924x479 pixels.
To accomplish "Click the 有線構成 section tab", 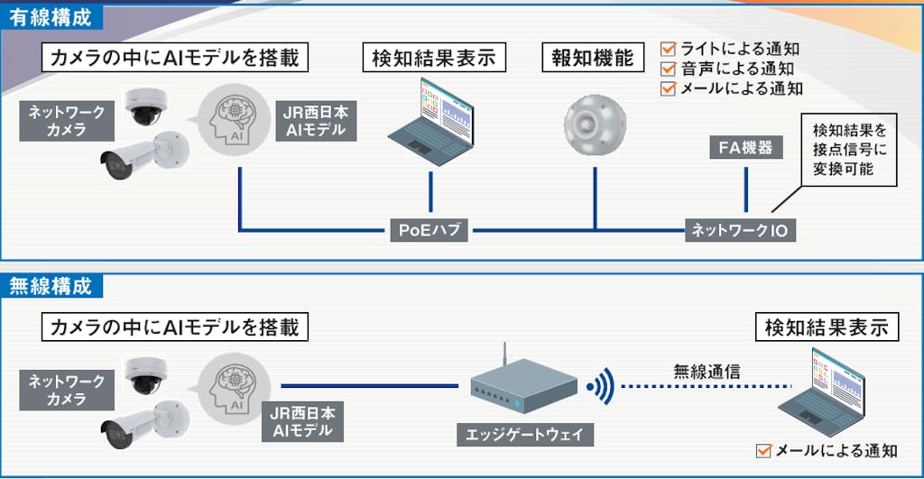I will (x=52, y=15).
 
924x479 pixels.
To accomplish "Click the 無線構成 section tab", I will (x=52, y=286).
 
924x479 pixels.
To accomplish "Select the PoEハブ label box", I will (x=430, y=230).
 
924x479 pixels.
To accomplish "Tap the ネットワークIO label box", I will (x=740, y=230).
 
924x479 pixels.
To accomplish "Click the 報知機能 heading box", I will (x=593, y=59).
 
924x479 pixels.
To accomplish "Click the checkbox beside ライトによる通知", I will (x=669, y=49).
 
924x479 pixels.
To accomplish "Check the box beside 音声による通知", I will (x=669, y=69).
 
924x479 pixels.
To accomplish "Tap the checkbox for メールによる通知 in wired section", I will (x=669, y=88).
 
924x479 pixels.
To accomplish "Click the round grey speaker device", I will (x=595, y=122).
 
